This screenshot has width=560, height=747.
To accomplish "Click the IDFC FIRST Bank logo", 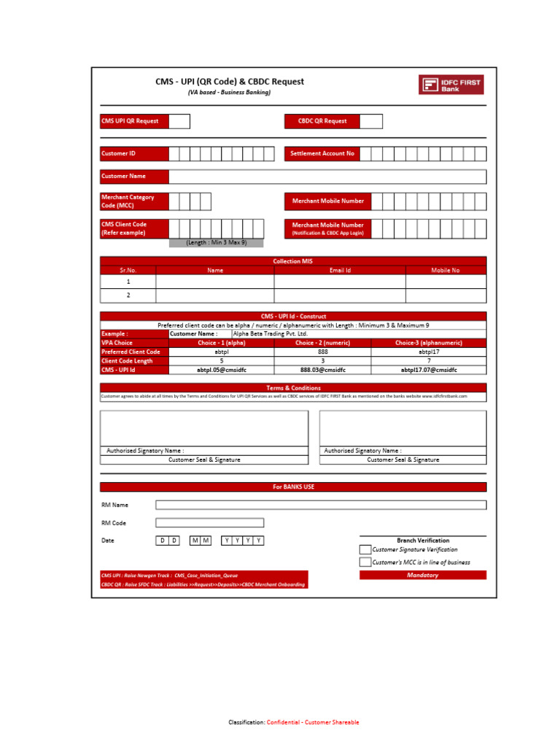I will (451, 85).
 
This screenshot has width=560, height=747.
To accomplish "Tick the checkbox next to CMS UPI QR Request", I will (179, 121).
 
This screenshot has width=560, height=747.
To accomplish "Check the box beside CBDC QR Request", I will (370, 121).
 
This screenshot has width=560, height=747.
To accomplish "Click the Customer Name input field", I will (327, 177).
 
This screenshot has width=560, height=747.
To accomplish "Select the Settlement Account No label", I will (322, 154).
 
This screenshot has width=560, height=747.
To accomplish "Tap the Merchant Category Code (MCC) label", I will (134, 201).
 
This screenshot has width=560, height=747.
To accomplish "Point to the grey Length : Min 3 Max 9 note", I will (216, 243).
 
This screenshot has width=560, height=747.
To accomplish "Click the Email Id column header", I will (340, 270).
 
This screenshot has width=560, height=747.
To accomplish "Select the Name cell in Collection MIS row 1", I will (215, 282).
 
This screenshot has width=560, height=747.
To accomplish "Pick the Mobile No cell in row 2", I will (446, 295).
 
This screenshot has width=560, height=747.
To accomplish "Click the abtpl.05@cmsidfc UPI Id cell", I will (222, 370).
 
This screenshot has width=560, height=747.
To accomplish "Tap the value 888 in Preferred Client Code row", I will (323, 352).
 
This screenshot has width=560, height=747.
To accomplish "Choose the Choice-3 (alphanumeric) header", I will (429, 343).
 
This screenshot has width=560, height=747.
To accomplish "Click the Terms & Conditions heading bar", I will (293, 388).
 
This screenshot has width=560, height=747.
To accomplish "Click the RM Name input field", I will (321, 505).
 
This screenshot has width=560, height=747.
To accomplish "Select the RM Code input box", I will (210, 523).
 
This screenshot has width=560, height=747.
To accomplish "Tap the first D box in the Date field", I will (163, 541).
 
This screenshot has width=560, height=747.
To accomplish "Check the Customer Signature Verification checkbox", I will (365, 549).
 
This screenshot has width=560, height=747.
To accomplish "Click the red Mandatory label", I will (423, 575).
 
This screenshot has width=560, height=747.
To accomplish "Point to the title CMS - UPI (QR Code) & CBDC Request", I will (230, 82).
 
